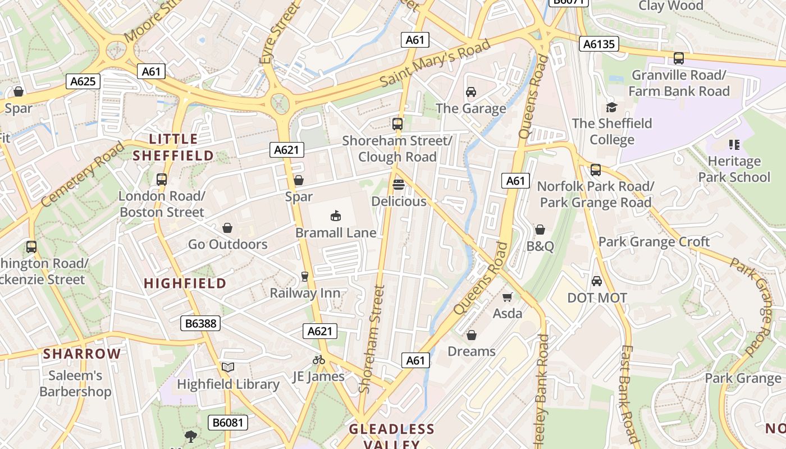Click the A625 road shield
83,81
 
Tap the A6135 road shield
599,44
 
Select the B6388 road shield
200,323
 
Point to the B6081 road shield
228,422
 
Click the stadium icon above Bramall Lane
336,216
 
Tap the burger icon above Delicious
399,185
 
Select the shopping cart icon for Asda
508,297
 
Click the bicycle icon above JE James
319,360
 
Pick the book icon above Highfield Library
227,368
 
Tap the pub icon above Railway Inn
305,276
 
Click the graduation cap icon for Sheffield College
611,107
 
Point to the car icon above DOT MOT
597,281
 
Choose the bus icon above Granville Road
679,58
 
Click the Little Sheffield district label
173,147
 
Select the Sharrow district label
82,354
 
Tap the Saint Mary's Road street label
435,63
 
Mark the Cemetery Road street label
83,174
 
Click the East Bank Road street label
629,393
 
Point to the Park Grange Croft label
654,242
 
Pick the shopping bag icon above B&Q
540,230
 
